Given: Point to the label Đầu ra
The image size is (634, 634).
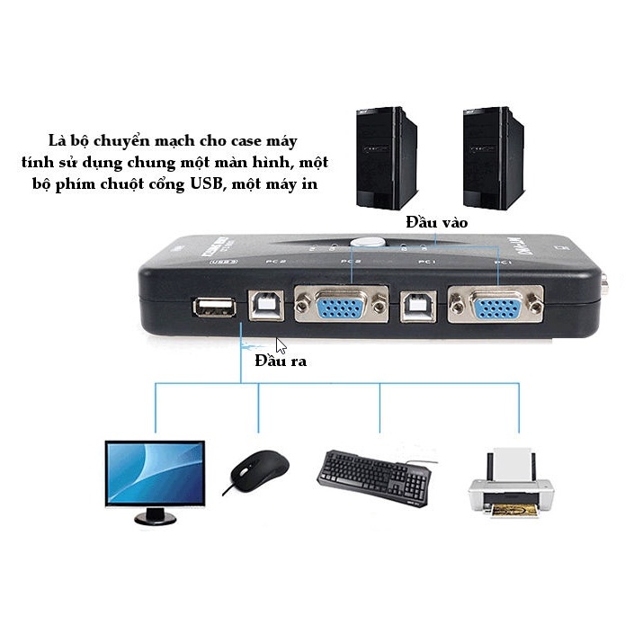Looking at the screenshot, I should coord(281,362).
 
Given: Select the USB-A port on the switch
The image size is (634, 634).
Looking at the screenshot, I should coord(213,308).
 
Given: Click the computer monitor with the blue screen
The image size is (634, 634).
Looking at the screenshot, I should coord(154,472).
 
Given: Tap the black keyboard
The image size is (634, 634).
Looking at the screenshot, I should coord(374,477).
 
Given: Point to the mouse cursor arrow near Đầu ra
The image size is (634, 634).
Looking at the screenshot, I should coord(281,345).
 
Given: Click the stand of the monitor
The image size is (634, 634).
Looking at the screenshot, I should coord(155,515).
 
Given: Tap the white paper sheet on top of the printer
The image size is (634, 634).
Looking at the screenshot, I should coord(512,461).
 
